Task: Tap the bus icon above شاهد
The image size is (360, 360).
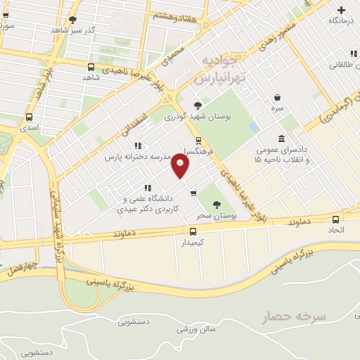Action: click(x=91, y=67)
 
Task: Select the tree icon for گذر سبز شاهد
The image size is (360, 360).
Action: click(x=74, y=20)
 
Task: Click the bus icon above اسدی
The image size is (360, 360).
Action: click(x=29, y=117)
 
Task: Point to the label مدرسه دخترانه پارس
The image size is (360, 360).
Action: click(x=137, y=157)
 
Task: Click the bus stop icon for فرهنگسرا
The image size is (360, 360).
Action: click(x=199, y=141)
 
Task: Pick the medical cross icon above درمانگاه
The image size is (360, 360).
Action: click(x=342, y=10)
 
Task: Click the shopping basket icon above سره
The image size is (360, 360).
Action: click(x=278, y=98)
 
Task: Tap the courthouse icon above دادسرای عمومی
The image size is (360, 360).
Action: click(x=283, y=138)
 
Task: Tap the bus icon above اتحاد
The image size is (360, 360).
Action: click(x=331, y=219)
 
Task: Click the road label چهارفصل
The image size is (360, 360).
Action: click(x=21, y=268)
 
